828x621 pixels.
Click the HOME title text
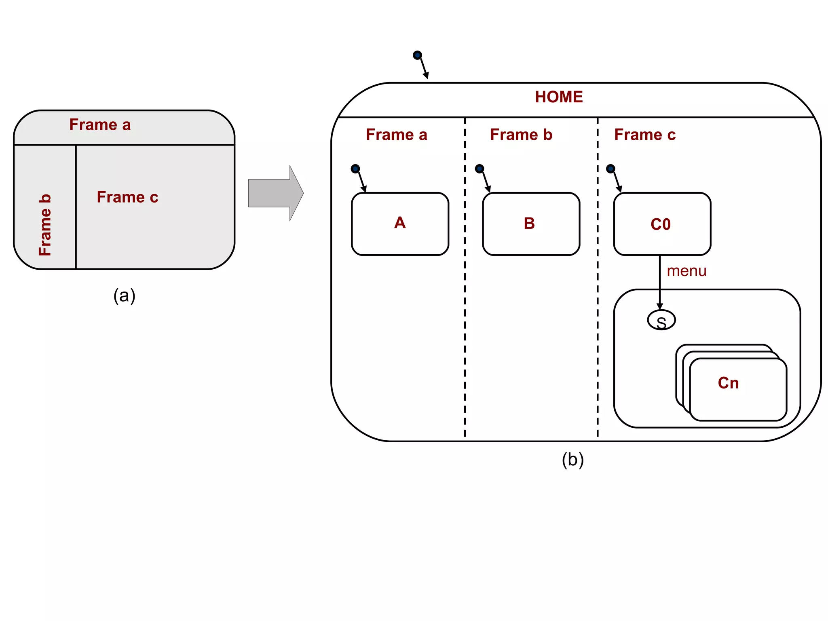pos(559,97)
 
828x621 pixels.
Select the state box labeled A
pos(400,224)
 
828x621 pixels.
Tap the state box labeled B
pos(531,224)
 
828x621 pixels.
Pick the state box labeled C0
pos(662,224)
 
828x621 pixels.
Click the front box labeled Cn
pos(738,389)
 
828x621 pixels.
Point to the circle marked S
pos(661,320)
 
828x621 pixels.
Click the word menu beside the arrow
pos(686,271)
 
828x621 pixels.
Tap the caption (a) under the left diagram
pos(124,296)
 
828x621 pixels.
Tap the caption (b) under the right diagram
pos(572,460)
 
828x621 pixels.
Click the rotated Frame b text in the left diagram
pos(45,225)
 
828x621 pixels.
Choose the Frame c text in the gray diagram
pos(127,197)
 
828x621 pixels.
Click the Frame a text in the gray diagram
pos(100,125)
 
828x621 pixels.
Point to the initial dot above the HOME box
pos(417,55)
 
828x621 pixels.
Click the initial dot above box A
pos(355,169)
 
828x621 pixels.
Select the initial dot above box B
pos(479,169)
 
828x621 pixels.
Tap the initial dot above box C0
pos(610,169)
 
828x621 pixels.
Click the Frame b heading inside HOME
pos(521,135)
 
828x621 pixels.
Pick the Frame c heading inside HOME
pos(644,135)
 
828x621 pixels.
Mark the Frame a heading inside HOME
pos(396,135)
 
